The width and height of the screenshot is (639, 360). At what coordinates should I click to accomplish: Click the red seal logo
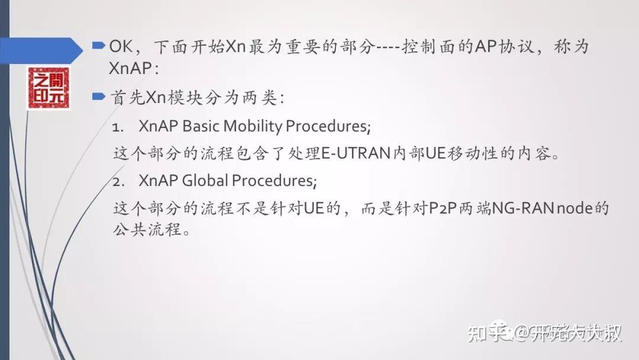[48, 88]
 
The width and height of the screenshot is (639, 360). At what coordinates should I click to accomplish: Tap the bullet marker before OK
[99, 45]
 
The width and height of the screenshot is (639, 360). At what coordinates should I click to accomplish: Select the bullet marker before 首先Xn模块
[99, 96]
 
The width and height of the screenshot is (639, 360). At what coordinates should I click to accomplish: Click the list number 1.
[117, 127]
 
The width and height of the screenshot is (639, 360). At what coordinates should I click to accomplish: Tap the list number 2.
[117, 180]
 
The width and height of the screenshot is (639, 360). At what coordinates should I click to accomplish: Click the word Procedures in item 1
[327, 126]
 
